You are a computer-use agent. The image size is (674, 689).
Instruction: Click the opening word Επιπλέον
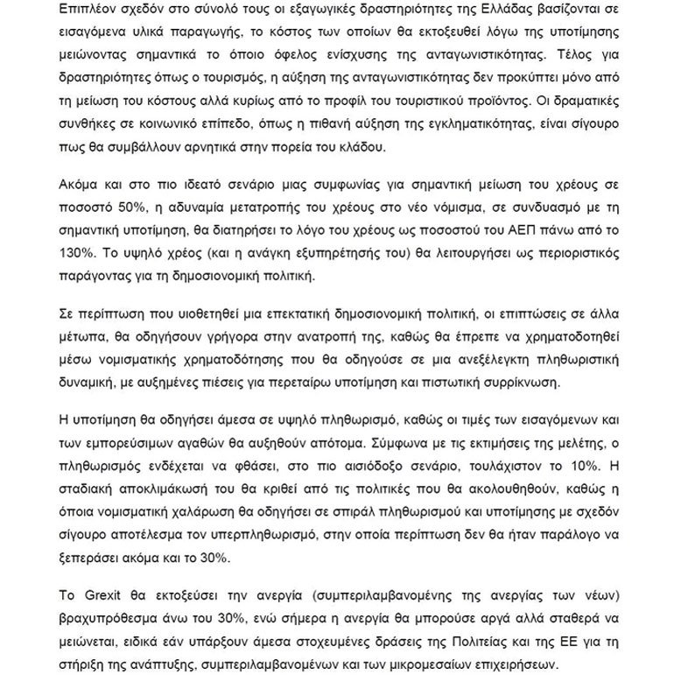pos(86,10)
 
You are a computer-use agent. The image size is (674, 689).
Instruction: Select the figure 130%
pos(75,253)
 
